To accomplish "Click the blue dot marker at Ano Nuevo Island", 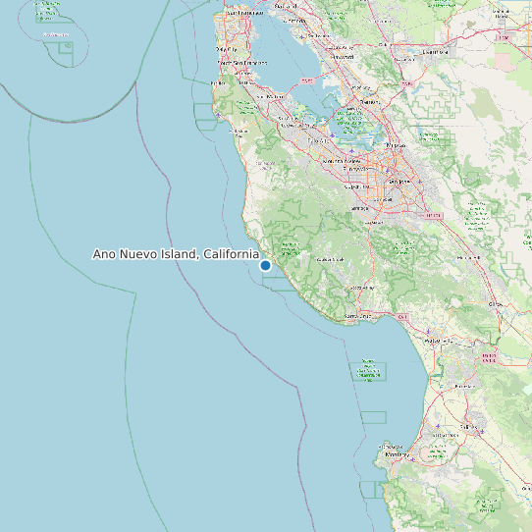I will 265,265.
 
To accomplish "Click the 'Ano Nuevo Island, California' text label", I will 176,254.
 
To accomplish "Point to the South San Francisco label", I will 242,63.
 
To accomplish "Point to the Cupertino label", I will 355,169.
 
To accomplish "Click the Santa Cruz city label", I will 358,316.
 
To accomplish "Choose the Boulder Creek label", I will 326,258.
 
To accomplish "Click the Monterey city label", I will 396,455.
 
